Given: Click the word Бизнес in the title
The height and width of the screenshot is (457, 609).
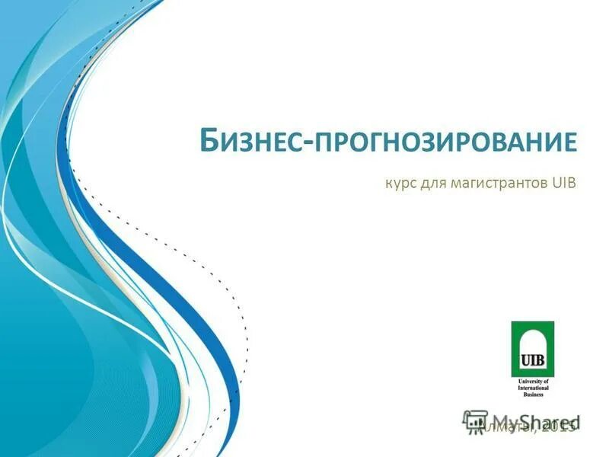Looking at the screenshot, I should pyautogui.click(x=250, y=142).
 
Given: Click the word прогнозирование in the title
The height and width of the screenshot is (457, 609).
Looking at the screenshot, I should pyautogui.click(x=445, y=142).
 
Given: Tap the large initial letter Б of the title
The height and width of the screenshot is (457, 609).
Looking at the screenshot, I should pyautogui.click(x=209, y=141).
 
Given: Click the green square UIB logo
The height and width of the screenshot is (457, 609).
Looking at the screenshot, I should pyautogui.click(x=532, y=349).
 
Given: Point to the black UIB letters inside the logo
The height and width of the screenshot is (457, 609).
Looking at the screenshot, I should pyautogui.click(x=532, y=358).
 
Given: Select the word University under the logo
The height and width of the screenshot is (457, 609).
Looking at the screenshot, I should pyautogui.click(x=527, y=381).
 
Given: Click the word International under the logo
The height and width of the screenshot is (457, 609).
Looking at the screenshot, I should pyautogui.click(x=532, y=387).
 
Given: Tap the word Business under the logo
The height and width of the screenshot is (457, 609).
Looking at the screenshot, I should pyautogui.click(x=532, y=394).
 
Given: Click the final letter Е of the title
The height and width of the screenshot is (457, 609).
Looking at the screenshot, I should pyautogui.click(x=570, y=142).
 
